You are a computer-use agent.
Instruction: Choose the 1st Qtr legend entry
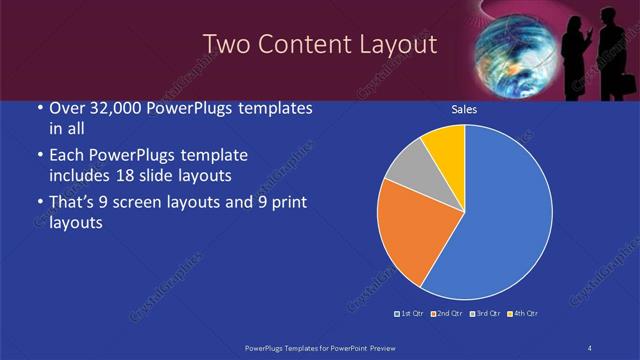click(x=409, y=314)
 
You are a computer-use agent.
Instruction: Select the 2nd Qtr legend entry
click(x=446, y=314)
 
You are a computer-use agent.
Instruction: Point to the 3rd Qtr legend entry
click(x=484, y=314)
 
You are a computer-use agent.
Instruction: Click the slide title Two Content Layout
click(x=320, y=44)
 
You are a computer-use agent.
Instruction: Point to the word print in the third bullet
click(x=285, y=204)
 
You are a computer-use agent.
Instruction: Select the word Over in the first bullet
click(x=64, y=109)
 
